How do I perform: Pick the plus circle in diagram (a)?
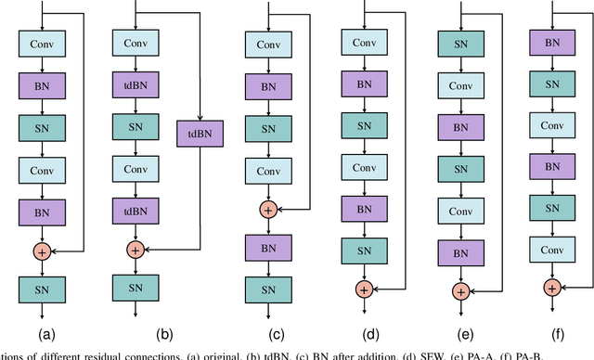41,251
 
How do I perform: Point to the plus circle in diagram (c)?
267,211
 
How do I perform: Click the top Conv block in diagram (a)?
41,43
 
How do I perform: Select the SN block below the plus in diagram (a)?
41,290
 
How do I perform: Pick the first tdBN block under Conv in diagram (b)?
135,84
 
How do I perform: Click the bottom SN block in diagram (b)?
135,290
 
